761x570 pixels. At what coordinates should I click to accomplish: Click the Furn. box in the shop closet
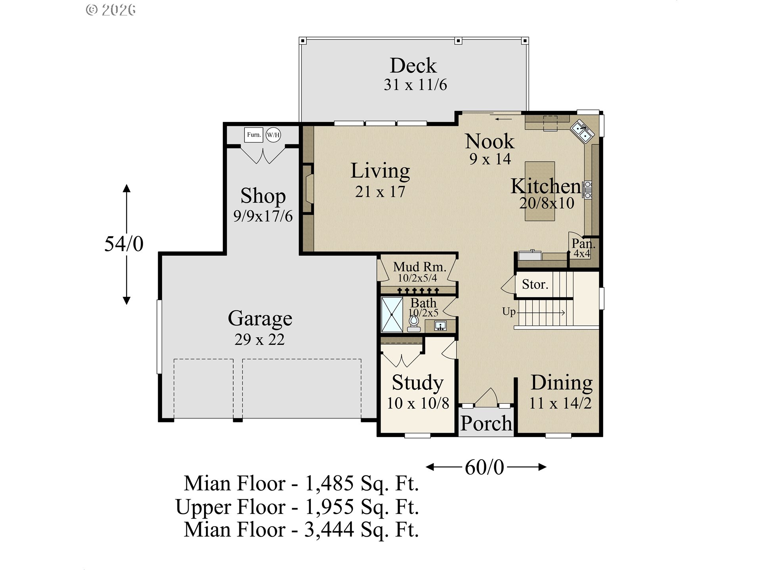[253, 135]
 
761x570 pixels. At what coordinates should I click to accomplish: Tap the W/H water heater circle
[273, 135]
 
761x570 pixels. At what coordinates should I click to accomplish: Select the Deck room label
[413, 65]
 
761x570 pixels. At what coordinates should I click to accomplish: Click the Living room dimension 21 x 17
[380, 192]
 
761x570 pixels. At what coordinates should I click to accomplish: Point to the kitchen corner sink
[582, 131]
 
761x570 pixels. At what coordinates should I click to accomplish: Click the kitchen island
[539, 191]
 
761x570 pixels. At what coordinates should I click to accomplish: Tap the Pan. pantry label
[583, 243]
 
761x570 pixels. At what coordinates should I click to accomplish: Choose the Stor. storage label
[535, 284]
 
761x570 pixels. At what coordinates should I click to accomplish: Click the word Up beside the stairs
[509, 312]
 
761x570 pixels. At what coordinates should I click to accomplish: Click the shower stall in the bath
[392, 315]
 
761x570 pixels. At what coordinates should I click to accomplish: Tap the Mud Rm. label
[419, 267]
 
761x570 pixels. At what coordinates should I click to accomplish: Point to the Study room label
[417, 383]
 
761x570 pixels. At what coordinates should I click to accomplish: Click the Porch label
[486, 424]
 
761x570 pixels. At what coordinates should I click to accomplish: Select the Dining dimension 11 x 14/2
[560, 403]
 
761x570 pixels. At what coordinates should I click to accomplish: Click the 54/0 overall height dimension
[124, 244]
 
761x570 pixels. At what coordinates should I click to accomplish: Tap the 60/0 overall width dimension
[484, 467]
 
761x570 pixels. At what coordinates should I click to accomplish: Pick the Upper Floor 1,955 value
[329, 507]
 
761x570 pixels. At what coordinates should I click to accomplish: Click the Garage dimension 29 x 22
[260, 339]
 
